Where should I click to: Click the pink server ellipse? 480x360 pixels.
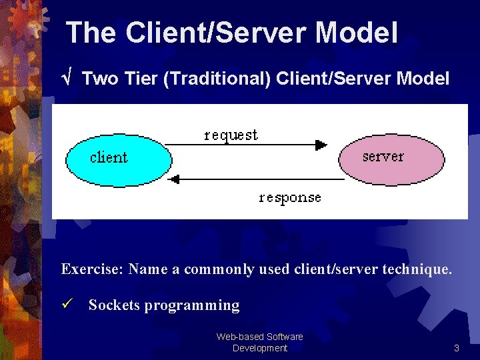coord(391,158)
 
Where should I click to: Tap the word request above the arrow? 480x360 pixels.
coord(231,135)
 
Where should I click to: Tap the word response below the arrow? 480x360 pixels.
coord(290,197)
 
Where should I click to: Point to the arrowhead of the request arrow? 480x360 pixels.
coord(321,145)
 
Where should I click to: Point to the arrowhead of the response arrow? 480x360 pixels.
coord(175,179)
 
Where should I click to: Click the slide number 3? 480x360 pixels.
coord(456,348)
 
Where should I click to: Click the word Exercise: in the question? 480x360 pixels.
coord(92,269)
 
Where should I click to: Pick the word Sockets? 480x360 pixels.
coord(114,305)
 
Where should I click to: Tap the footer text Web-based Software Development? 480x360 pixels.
coord(259,342)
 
